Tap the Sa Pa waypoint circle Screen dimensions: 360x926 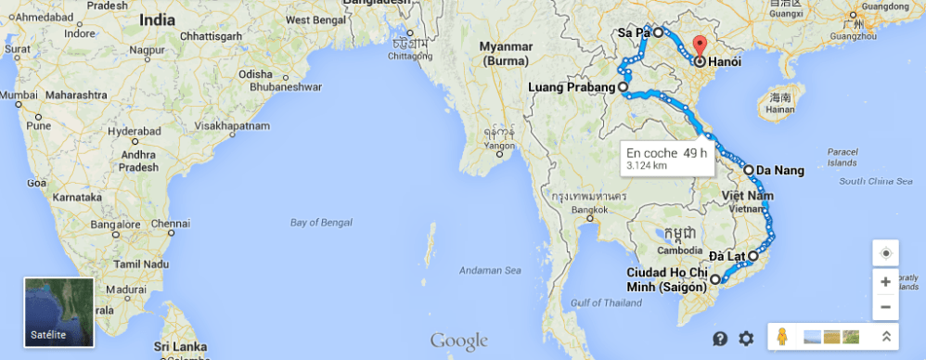pyautogui.click(x=658, y=32)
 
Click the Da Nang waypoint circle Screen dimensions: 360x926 pyautogui.click(x=748, y=170)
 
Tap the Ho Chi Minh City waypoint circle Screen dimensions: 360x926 pyautogui.click(x=715, y=278)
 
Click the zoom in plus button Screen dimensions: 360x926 pyautogui.click(x=885, y=281)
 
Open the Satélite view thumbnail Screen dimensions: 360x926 pyautogui.click(x=59, y=312)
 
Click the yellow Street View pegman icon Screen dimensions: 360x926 pyautogui.click(x=783, y=338)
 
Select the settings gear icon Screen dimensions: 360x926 pyautogui.click(x=746, y=339)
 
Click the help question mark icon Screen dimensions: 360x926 pyautogui.click(x=719, y=339)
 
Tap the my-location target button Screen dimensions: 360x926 pyautogui.click(x=885, y=253)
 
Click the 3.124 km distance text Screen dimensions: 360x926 pyautogui.click(x=647, y=165)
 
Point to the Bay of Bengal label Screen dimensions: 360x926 pyautogui.click(x=316, y=223)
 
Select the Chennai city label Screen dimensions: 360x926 pyautogui.click(x=171, y=223)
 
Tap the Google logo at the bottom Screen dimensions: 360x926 pyautogui.click(x=458, y=340)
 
